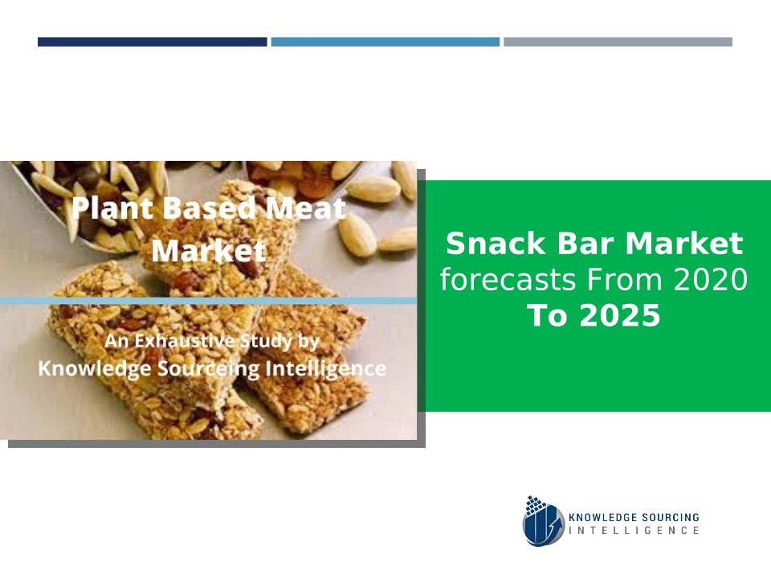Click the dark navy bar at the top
(x=153, y=42)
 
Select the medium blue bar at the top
(x=385, y=42)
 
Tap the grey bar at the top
(x=618, y=42)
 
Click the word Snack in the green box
(x=496, y=243)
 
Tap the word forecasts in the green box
(x=508, y=279)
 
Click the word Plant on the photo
(x=112, y=207)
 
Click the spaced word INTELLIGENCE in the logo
(x=634, y=530)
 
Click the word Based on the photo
(x=210, y=207)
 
